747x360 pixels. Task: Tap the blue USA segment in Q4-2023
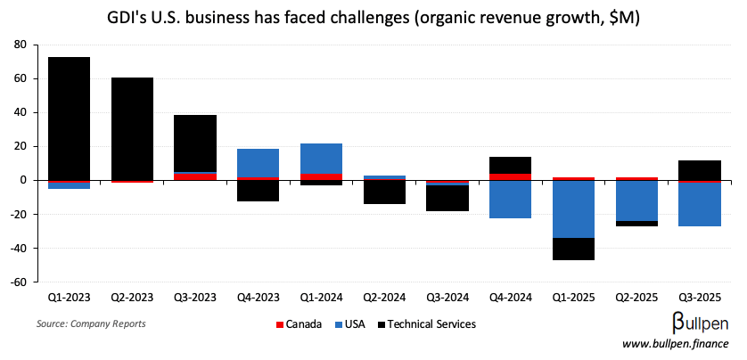pyautogui.click(x=258, y=163)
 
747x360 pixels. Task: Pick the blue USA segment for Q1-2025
pyautogui.click(x=573, y=209)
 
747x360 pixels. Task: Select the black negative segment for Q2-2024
pyautogui.click(x=384, y=192)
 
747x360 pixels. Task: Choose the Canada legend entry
pyautogui.click(x=300, y=324)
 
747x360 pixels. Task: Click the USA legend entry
pyautogui.click(x=352, y=324)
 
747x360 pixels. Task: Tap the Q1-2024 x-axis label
pyautogui.click(x=321, y=296)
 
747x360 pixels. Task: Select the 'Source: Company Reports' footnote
pyautogui.click(x=91, y=323)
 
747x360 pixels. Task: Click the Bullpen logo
pyautogui.click(x=699, y=323)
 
